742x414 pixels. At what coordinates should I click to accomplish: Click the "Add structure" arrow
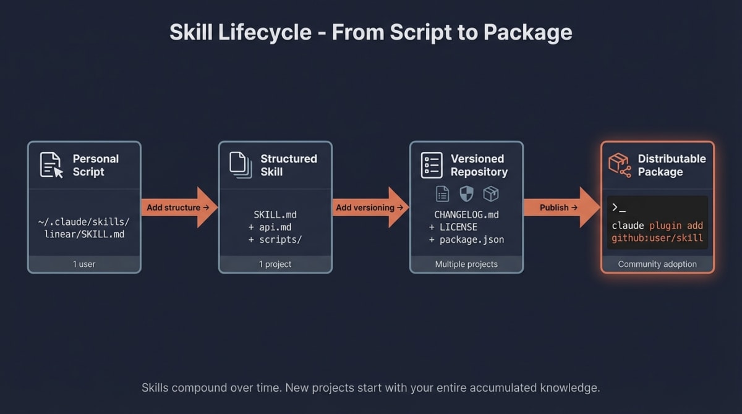[178, 208]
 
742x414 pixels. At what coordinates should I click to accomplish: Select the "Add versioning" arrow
[370, 208]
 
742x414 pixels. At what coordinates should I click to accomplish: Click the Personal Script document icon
[51, 165]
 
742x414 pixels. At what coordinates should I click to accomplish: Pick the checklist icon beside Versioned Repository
[432, 165]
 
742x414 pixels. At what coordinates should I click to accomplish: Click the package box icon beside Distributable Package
[620, 165]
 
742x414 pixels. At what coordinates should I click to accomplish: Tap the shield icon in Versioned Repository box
[466, 194]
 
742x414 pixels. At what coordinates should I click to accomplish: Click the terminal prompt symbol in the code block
[618, 208]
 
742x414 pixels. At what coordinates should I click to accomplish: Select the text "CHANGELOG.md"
[466, 215]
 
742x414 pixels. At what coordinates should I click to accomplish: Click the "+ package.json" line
[466, 240]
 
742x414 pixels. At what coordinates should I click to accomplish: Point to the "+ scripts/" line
[275, 240]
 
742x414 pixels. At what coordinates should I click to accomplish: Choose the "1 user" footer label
[84, 264]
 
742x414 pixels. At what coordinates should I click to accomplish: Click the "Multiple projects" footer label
[466, 264]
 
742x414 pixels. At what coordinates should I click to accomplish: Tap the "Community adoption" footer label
[657, 264]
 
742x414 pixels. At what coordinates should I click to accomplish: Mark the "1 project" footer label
[275, 264]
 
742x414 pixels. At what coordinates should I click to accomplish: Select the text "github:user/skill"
[657, 238]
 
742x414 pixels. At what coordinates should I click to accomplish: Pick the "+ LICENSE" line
[453, 227]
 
